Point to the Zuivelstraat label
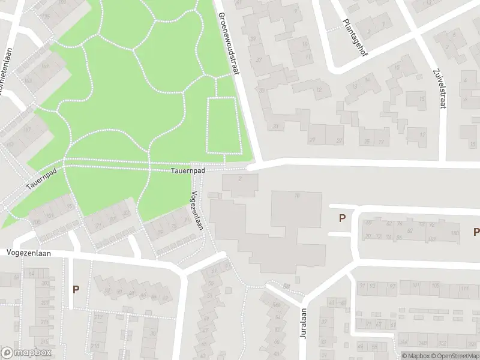(440, 89)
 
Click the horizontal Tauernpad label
(187, 171)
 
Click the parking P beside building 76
(343, 218)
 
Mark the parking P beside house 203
(76, 289)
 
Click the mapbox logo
(25, 351)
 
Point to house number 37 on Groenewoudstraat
(259, 59)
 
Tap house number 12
(318, 91)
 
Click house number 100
(455, 233)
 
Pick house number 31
(275, 127)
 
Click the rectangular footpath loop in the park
(223, 124)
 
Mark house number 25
(368, 142)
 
